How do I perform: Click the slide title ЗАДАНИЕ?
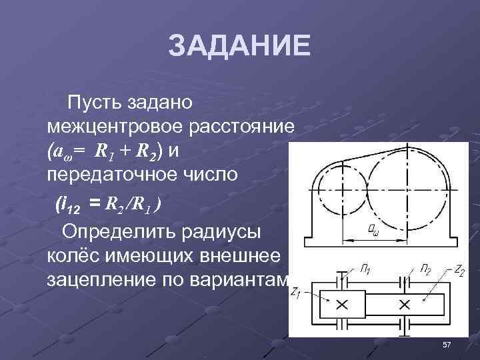coord(239,47)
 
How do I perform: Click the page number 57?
coord(447,344)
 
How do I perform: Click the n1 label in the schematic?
coord(365,270)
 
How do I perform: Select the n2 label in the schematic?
coord(425,269)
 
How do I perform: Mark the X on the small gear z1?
coord(342,305)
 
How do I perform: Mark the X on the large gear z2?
coord(403,305)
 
